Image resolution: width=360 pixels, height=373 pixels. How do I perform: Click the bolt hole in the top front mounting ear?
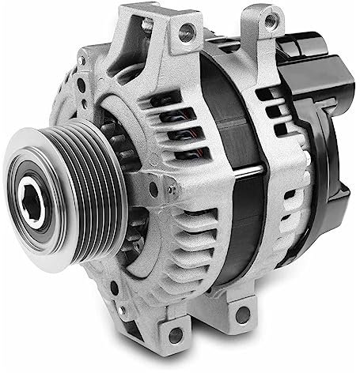(x=186, y=32)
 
